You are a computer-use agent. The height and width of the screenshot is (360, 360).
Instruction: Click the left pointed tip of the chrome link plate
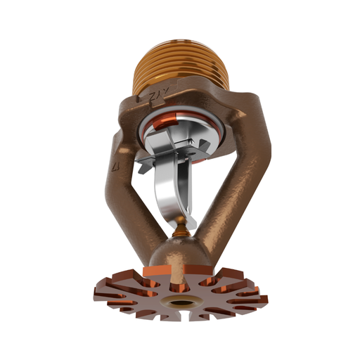click(x=141, y=166)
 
